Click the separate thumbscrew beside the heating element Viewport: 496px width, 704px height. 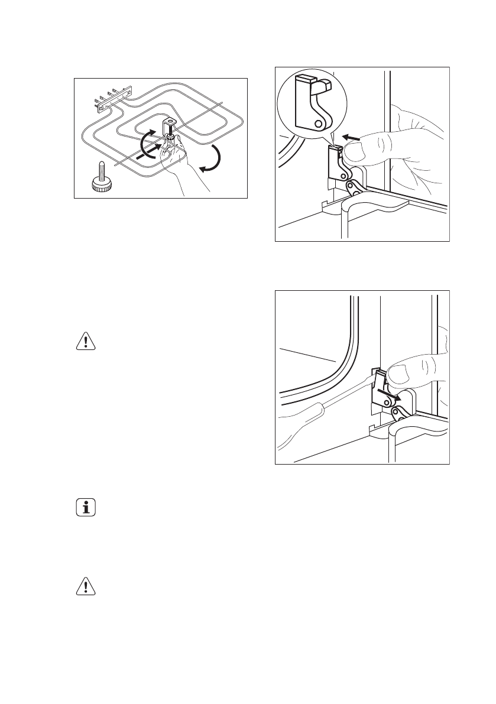coord(101,178)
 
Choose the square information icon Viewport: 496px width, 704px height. coord(86,508)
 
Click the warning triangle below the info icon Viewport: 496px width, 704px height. coord(86,585)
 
